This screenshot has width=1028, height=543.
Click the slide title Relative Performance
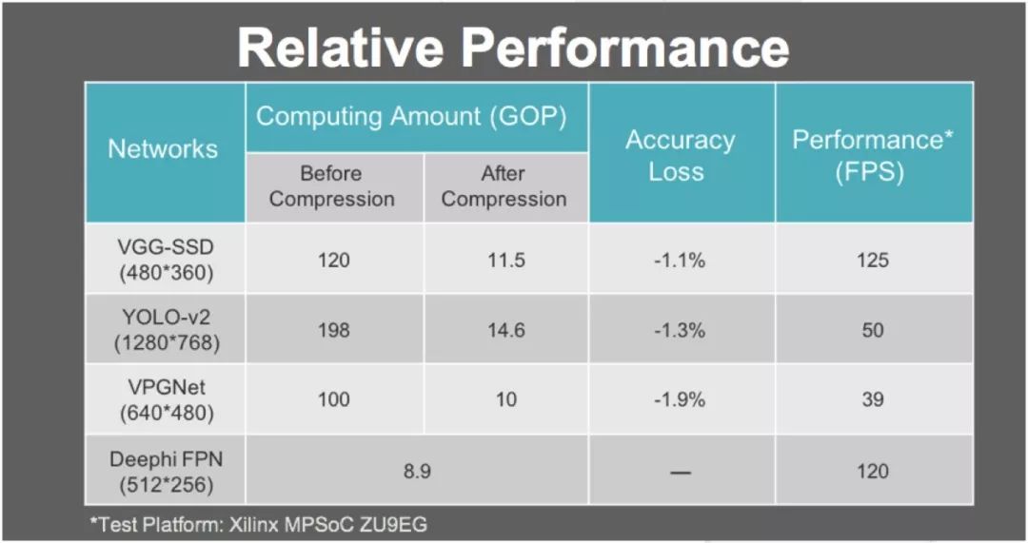(x=513, y=48)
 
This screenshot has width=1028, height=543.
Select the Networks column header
(x=163, y=149)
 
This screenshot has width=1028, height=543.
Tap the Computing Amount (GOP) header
(x=411, y=117)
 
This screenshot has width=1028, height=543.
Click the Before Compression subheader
(x=332, y=186)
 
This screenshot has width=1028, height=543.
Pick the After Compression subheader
(x=504, y=186)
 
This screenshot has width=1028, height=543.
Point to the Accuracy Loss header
(x=680, y=156)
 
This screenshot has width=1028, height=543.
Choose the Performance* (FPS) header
(x=873, y=156)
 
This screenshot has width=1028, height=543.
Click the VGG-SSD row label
(x=166, y=260)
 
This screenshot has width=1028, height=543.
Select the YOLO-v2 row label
(x=167, y=329)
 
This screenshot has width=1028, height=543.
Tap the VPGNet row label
(x=167, y=399)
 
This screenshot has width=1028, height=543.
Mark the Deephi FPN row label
(x=166, y=472)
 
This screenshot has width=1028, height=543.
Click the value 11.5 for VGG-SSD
(x=506, y=260)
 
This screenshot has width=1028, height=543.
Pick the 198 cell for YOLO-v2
(x=334, y=329)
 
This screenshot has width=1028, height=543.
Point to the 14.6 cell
(x=506, y=329)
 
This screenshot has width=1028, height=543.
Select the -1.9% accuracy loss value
(x=680, y=399)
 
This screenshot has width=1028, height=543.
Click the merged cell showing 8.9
(x=417, y=472)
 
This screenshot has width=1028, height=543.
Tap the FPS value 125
(x=873, y=260)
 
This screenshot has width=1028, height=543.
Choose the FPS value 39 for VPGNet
(x=873, y=399)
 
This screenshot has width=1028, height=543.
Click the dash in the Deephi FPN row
(x=681, y=473)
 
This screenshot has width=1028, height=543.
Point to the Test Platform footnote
(x=258, y=524)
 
